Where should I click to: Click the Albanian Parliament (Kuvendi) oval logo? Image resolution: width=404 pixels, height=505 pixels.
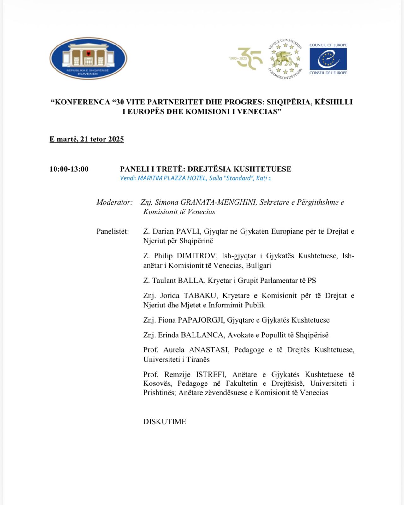88,58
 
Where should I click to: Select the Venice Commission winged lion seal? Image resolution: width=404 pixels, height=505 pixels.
285,59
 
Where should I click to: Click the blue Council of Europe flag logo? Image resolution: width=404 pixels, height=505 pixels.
328,59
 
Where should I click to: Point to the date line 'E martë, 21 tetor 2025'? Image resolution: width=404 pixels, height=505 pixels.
86,139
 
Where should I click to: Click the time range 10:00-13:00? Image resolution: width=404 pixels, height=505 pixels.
69,169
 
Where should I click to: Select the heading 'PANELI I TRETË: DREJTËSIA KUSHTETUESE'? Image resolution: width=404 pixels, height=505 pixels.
205,169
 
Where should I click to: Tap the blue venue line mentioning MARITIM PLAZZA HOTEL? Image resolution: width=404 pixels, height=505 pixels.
195,178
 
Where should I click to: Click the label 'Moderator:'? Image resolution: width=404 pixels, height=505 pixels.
114,202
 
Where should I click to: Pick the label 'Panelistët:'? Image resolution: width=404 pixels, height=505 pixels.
113,231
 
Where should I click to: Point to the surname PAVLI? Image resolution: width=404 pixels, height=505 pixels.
188,231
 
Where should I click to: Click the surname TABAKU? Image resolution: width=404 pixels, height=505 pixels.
200,296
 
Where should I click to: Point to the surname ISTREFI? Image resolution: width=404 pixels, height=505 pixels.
211,375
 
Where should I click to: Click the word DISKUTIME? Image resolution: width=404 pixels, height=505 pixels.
164,422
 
